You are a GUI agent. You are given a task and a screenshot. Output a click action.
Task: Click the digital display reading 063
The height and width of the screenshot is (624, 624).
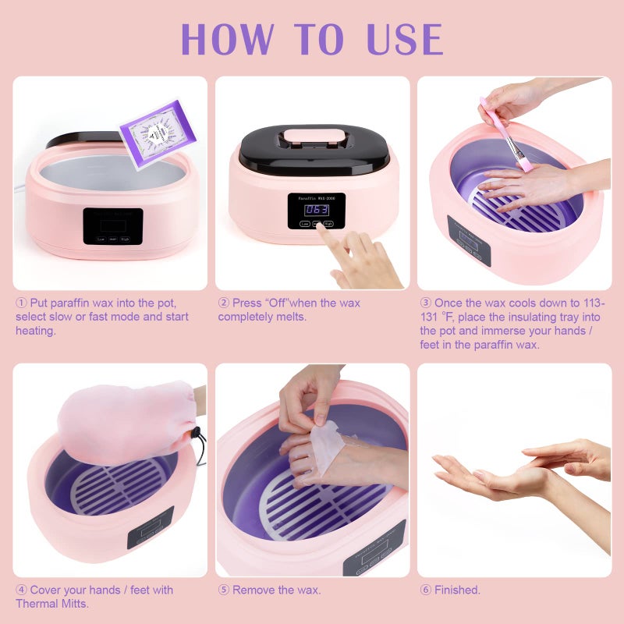coord(316,210)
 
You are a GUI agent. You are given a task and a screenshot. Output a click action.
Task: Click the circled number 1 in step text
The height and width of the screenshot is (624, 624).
coord(21,303)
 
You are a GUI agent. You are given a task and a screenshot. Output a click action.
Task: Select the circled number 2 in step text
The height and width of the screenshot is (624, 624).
coord(224,303)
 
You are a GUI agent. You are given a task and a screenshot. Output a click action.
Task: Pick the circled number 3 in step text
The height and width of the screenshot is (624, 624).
coord(426,303)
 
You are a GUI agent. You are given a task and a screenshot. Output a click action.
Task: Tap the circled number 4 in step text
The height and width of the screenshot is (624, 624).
coord(21,590)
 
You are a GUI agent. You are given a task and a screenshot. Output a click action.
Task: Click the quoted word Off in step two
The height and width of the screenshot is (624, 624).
coord(275,303)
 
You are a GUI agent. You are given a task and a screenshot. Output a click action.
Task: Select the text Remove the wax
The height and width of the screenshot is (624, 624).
coord(276,590)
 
